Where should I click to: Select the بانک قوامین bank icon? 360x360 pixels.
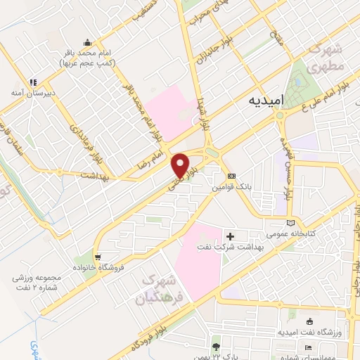231,176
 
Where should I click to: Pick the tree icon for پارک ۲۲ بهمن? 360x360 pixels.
216,347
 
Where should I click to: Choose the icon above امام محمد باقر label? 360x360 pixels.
86,41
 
